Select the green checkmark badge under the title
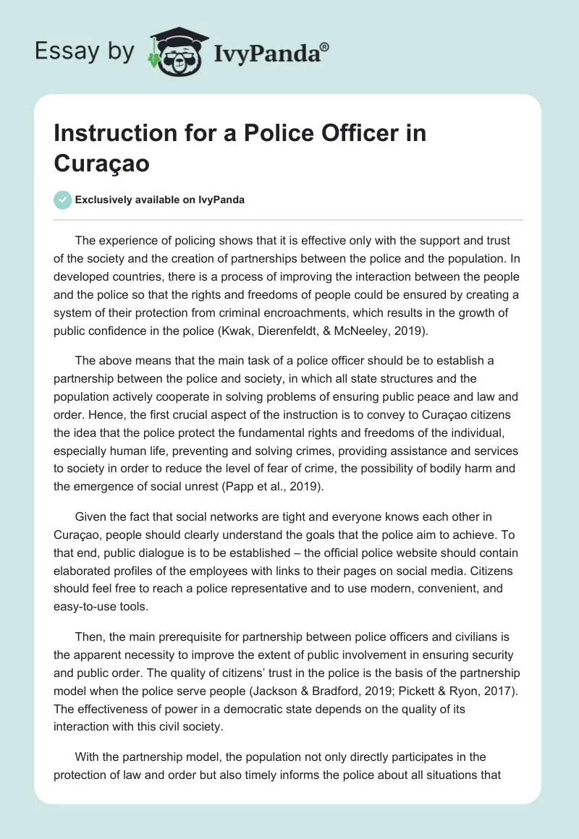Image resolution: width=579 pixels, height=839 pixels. click(62, 200)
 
